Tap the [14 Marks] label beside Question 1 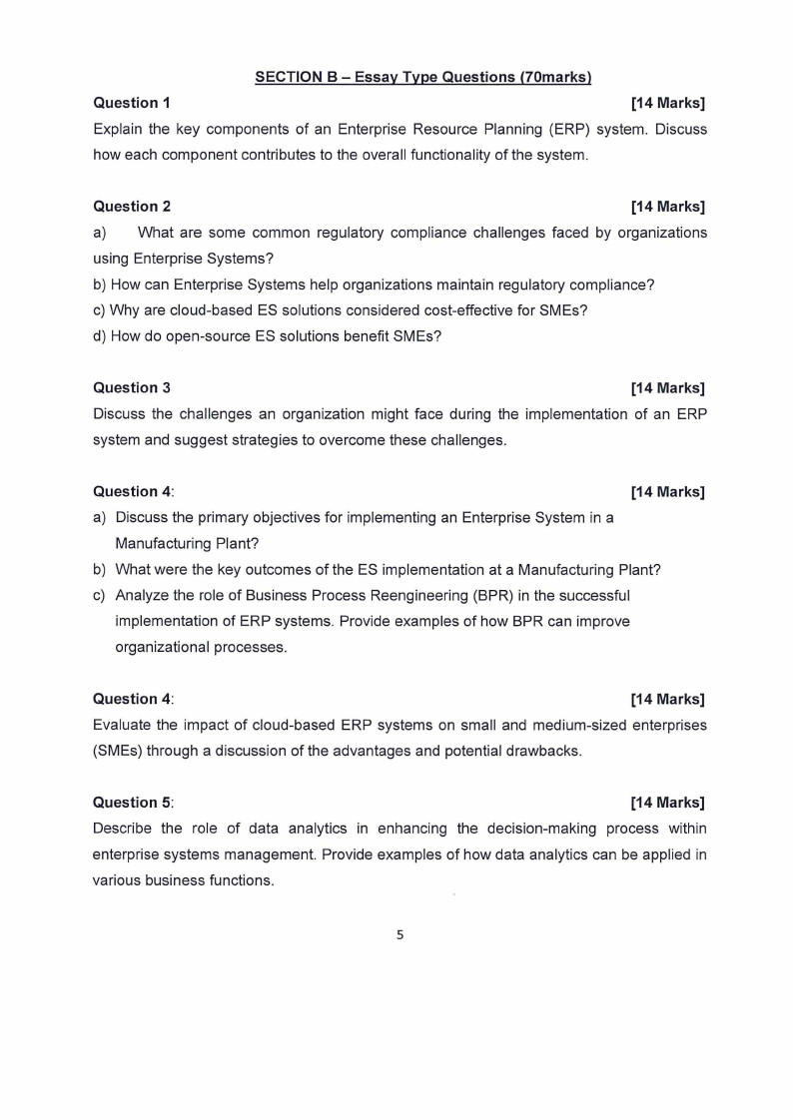[x=668, y=103]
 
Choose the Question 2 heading [x=132, y=207]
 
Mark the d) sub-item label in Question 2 [x=100, y=335]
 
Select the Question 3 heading [x=132, y=387]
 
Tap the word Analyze [x=144, y=595]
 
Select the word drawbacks [x=542, y=751]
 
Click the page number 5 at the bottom [x=400, y=935]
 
